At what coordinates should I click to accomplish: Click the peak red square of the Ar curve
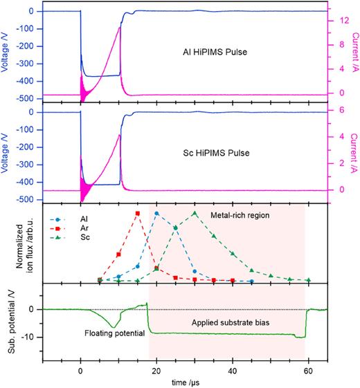pyautogui.click(x=138, y=214)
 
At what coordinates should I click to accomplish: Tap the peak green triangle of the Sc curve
pyautogui.click(x=195, y=214)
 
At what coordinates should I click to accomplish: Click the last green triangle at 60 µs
pyautogui.click(x=308, y=280)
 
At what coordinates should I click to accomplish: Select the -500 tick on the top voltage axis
pyautogui.click(x=28, y=99)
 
